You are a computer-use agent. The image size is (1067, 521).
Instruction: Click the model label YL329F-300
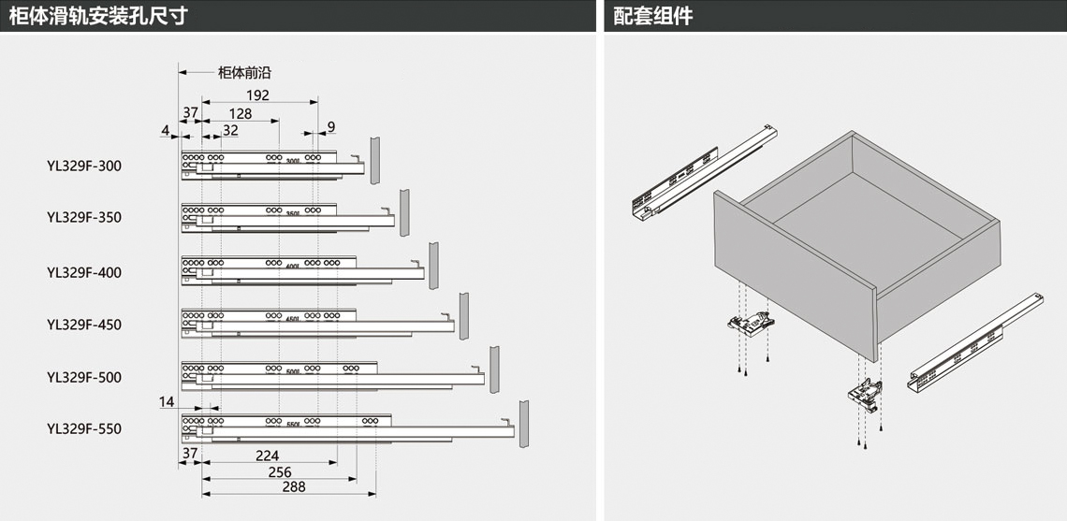click(x=84, y=166)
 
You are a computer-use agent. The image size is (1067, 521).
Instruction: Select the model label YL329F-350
click(x=84, y=217)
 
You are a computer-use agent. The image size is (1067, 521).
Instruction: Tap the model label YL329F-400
click(x=84, y=272)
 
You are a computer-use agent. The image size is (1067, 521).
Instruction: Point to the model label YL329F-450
click(x=84, y=325)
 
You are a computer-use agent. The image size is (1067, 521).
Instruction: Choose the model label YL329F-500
click(x=84, y=377)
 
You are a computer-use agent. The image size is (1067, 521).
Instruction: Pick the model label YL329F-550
click(x=84, y=428)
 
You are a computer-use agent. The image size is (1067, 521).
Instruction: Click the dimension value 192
click(x=257, y=95)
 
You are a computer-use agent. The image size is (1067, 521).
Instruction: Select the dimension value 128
click(x=240, y=113)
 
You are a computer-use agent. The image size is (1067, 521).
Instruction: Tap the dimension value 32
click(x=229, y=131)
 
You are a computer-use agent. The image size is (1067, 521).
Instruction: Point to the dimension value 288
click(x=293, y=486)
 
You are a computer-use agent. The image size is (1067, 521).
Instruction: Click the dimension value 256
click(x=279, y=471)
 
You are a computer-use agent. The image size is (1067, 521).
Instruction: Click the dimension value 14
click(x=167, y=401)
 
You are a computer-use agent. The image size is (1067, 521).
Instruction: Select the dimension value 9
click(x=330, y=126)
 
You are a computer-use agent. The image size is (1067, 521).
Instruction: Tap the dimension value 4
click(x=164, y=131)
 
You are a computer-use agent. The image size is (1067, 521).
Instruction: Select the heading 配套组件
click(x=653, y=16)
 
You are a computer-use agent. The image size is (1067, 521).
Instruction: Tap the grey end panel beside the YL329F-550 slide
click(x=525, y=423)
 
